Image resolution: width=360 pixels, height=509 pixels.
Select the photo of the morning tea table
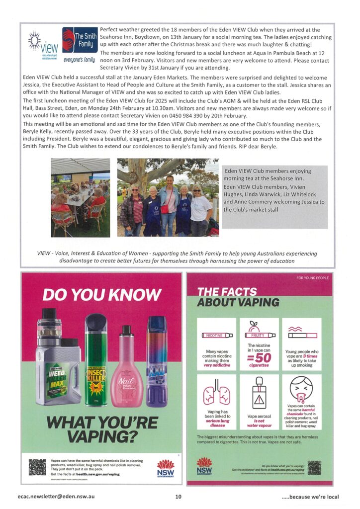pyautogui.click(x=81, y=197)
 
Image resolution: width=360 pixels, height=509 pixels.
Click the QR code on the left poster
pyautogui.click(x=37, y=467)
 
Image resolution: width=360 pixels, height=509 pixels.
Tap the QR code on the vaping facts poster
pyautogui.click(x=314, y=468)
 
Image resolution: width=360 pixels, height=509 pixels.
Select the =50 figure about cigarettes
pyautogui.click(x=259, y=357)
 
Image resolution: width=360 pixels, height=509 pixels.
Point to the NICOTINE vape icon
pyautogui.click(x=217, y=336)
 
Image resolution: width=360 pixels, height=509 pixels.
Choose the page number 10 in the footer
pyautogui.click(x=179, y=496)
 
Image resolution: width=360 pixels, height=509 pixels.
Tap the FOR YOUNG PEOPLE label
pyautogui.click(x=312, y=278)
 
